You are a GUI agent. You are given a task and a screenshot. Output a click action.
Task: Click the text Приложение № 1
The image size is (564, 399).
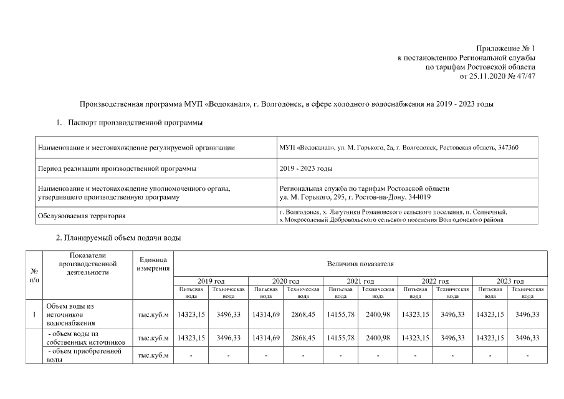[505, 48]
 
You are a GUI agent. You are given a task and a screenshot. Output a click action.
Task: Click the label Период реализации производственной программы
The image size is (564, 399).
[117, 168]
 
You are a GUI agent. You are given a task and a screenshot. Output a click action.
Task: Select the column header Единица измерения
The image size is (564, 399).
[153, 264]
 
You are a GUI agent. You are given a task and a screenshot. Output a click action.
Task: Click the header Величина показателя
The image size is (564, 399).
[360, 264]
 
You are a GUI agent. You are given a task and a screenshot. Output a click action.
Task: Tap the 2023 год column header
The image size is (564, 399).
[510, 282]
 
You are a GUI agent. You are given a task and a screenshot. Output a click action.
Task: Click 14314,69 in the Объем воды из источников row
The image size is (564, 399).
[265, 315]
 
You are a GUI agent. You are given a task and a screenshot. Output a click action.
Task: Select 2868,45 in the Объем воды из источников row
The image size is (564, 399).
[303, 315]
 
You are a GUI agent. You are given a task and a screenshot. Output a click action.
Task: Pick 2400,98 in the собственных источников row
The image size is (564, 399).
[378, 338]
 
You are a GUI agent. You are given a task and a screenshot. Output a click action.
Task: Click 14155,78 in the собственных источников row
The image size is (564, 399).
[340, 338]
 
